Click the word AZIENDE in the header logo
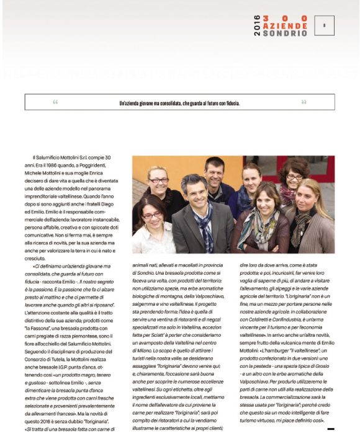(285, 26)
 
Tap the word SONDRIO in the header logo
(285, 33)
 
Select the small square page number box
(324, 25)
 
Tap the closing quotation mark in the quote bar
(304, 102)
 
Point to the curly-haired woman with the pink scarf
(290, 180)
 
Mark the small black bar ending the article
(330, 428)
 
